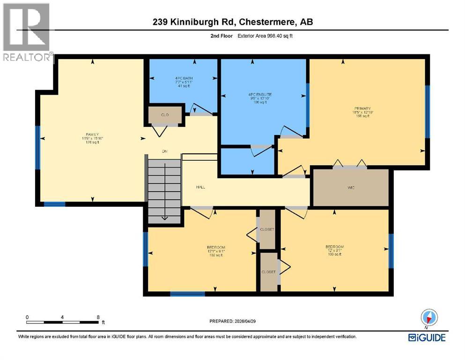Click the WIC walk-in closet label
pos(351,187)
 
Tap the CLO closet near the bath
pos(165,114)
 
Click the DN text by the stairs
pos(164,151)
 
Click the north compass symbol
pos(429,317)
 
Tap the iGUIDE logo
pos(427,337)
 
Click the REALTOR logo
pos(27,33)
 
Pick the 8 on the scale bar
pos(97,317)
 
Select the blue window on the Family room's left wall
pos(38,147)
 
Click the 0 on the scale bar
pos(27,317)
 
